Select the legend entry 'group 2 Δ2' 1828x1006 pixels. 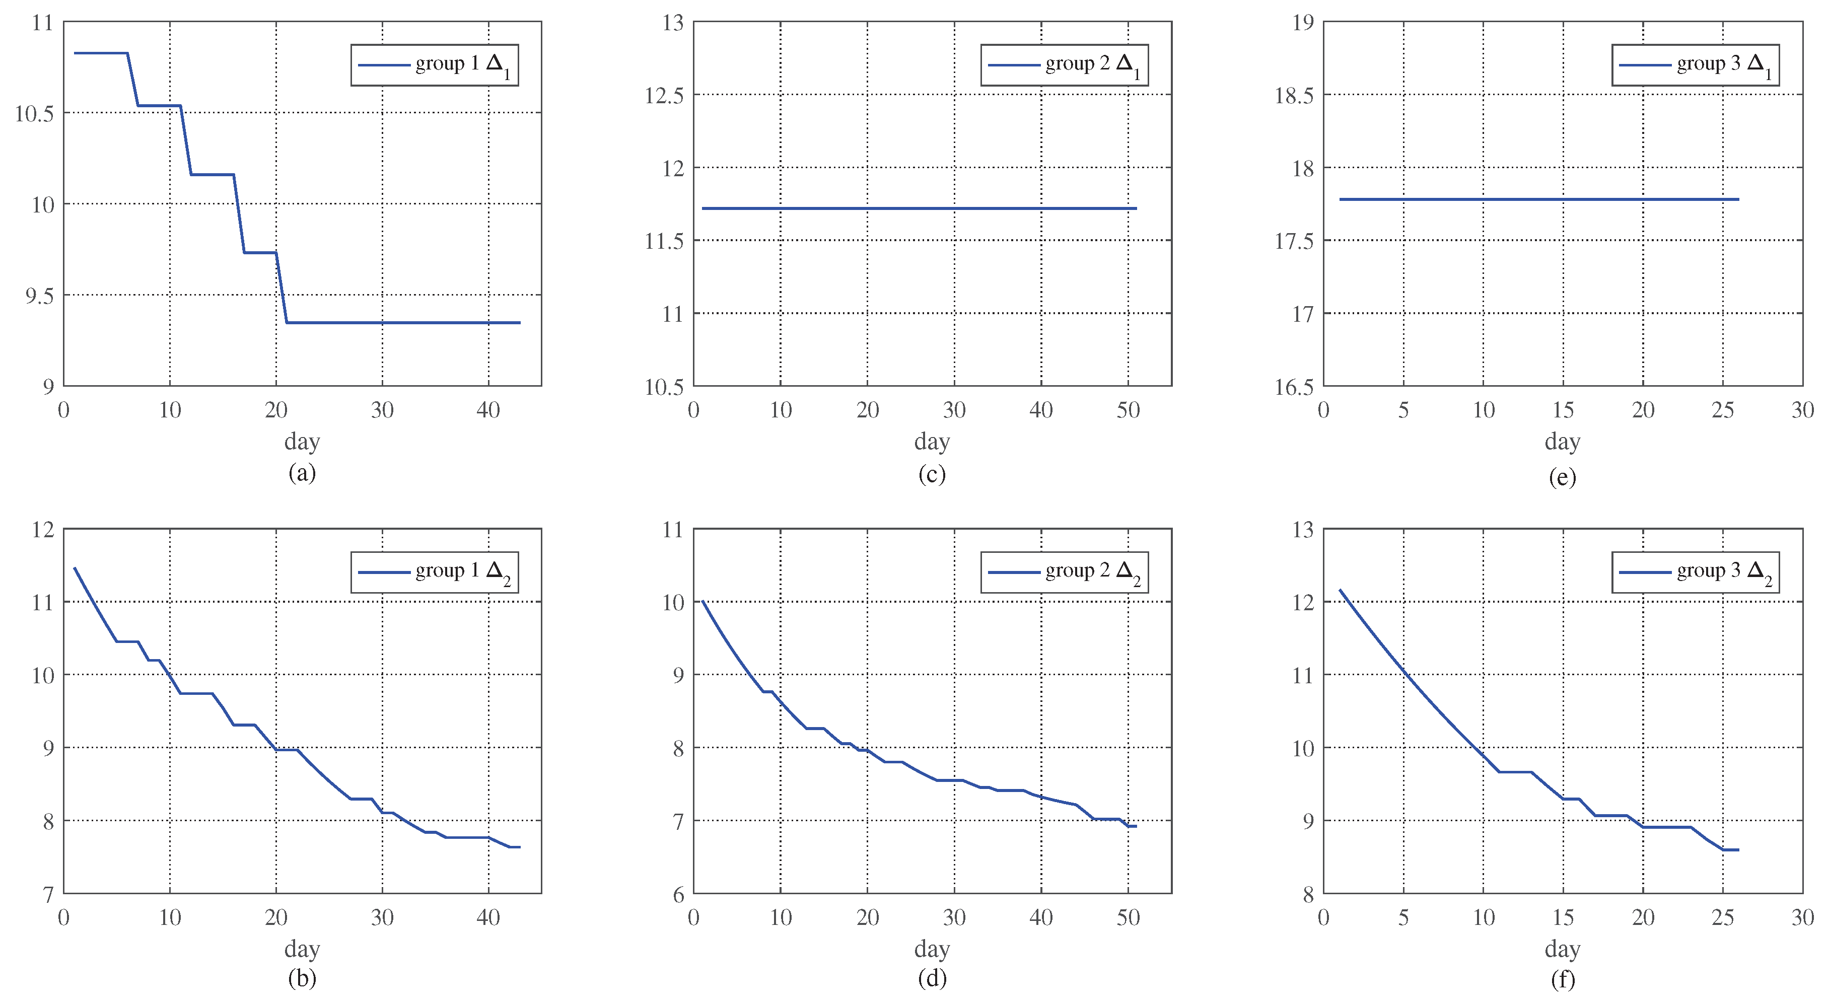[x=1065, y=572]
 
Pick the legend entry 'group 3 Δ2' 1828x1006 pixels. [x=1695, y=572]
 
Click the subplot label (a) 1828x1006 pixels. [x=302, y=472]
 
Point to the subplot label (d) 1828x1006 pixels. [x=932, y=979]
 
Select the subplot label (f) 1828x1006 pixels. [x=1562, y=980]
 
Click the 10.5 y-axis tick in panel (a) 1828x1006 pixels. [x=34, y=113]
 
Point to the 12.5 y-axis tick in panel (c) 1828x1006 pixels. [x=664, y=95]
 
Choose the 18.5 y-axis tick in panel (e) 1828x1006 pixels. [x=1294, y=95]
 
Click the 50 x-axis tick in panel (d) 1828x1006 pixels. [x=1129, y=918]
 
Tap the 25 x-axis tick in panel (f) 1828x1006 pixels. [x=1722, y=918]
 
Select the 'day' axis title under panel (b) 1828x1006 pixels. [x=302, y=949]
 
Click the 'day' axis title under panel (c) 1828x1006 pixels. [x=932, y=441]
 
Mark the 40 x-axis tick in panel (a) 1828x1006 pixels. [x=488, y=410]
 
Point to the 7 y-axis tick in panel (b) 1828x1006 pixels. [x=47, y=895]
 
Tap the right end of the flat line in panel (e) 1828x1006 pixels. [x=1738, y=199]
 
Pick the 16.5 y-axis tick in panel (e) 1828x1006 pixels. [x=1294, y=387]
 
